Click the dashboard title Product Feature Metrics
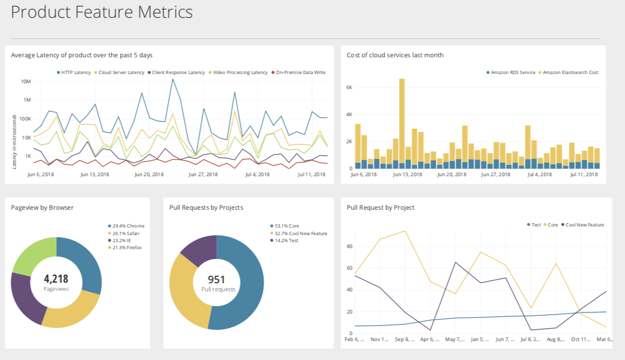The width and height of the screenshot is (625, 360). point(102,12)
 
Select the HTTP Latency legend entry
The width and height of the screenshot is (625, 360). point(76,72)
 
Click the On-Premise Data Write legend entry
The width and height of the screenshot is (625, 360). point(300,72)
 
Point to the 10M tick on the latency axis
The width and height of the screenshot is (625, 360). point(25,82)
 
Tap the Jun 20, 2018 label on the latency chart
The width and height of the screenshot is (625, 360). point(149,175)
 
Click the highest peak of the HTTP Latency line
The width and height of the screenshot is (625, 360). point(172,79)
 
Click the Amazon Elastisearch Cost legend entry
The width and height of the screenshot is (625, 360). point(570,72)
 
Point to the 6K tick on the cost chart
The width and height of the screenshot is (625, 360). point(349,88)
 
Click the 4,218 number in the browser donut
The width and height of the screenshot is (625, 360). point(56,279)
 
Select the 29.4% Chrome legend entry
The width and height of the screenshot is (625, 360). point(128,226)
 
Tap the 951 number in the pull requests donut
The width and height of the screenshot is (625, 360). point(216,279)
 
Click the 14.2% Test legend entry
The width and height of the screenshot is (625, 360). point(287,241)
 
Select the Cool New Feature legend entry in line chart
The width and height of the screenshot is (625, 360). point(584,225)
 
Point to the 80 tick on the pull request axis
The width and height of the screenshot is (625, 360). point(349,246)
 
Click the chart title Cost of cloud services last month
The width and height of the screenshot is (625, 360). point(395,55)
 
